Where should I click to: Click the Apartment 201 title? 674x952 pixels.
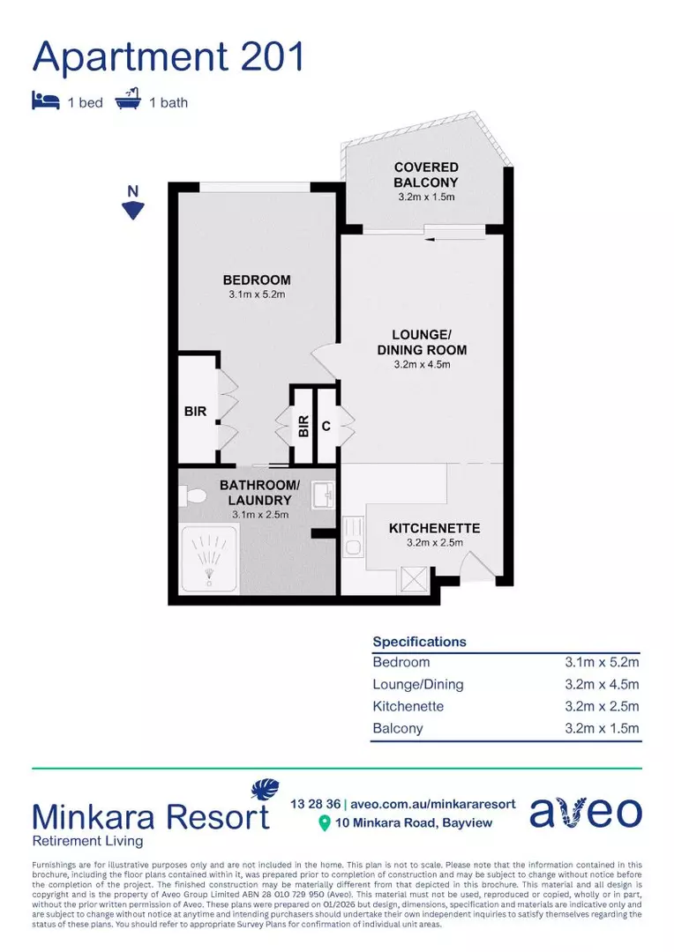pyautogui.click(x=168, y=56)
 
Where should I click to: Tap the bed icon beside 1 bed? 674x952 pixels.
pyautogui.click(x=45, y=101)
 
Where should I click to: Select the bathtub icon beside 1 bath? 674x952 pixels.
pyautogui.click(x=128, y=101)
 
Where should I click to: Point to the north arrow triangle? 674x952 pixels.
pyautogui.click(x=132, y=210)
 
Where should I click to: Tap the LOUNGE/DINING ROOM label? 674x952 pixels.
pyautogui.click(x=422, y=342)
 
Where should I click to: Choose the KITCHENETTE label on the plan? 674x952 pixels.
pyautogui.click(x=434, y=528)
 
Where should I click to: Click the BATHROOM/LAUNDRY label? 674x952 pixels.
pyautogui.click(x=259, y=492)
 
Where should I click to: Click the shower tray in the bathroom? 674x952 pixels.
pyautogui.click(x=209, y=558)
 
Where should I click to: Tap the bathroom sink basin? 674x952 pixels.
pyautogui.click(x=323, y=495)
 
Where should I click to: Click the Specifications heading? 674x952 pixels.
pyautogui.click(x=419, y=642)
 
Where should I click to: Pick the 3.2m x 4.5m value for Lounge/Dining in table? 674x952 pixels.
pyautogui.click(x=602, y=684)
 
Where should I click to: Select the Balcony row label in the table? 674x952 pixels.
pyautogui.click(x=398, y=728)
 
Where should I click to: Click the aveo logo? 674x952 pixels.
pyautogui.click(x=585, y=812)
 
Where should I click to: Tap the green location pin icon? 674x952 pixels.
pyautogui.click(x=325, y=823)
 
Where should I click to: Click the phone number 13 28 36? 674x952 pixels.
pyautogui.click(x=315, y=804)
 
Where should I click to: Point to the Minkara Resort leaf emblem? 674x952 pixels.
pyautogui.click(x=265, y=789)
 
